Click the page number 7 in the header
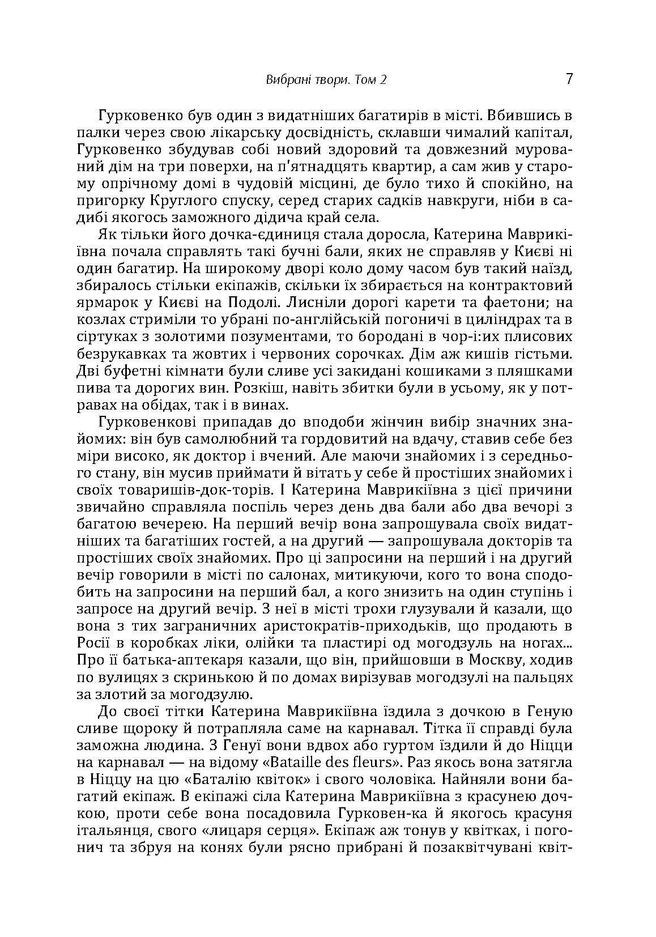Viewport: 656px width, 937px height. point(569,78)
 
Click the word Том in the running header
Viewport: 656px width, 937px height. point(364,80)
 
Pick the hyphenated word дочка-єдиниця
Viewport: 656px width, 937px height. point(230,234)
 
